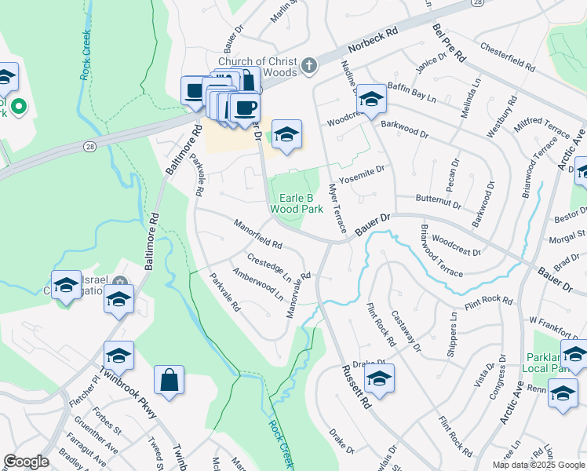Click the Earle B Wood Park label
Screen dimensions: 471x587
(296, 204)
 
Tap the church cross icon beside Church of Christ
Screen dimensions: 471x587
(310, 66)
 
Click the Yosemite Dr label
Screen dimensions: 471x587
(363, 171)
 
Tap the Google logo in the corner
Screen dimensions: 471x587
(26, 462)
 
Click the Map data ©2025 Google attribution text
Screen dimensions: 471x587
(538, 465)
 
